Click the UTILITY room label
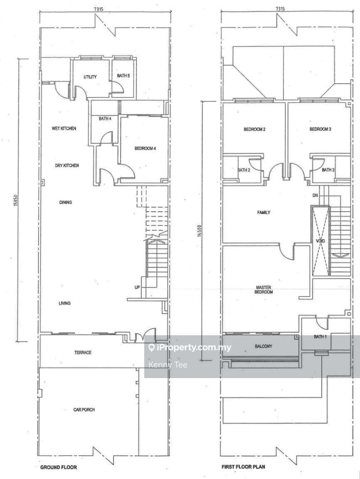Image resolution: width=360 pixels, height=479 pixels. click(90, 77)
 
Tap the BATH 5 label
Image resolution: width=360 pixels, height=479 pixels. click(123, 76)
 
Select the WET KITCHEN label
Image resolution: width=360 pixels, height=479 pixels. click(64, 128)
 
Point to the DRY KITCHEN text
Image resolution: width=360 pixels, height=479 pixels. click(67, 165)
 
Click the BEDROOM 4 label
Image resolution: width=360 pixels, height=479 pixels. click(145, 148)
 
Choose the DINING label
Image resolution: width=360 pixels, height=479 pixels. click(65, 202)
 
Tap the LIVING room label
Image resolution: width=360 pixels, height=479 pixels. click(64, 303)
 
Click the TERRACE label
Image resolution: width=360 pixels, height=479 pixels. click(82, 353)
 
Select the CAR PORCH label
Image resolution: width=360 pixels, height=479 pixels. click(84, 409)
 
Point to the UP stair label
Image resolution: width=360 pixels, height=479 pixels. click(137, 287)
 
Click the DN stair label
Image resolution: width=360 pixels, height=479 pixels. click(316, 195)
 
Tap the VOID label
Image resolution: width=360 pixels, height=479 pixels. click(321, 241)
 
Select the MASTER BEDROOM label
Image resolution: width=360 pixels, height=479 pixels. click(264, 290)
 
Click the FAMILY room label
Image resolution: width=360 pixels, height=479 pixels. click(264, 212)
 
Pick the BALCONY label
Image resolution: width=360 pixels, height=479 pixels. click(264, 346)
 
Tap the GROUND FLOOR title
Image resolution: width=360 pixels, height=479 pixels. click(59, 467)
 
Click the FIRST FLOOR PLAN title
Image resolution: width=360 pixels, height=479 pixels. click(243, 467)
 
